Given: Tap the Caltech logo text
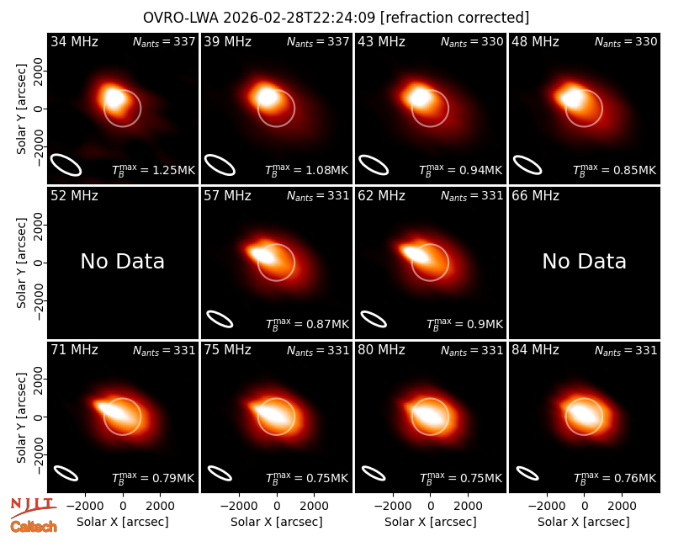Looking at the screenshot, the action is pyautogui.click(x=34, y=527).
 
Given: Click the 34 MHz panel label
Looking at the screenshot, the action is pyautogui.click(x=74, y=41).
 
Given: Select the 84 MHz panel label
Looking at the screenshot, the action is pyautogui.click(x=535, y=350).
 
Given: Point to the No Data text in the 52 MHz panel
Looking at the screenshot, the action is pyautogui.click(x=122, y=262).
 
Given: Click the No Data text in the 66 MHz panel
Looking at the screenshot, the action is pyautogui.click(x=584, y=262).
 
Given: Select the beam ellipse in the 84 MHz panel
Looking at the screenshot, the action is pyautogui.click(x=527, y=474).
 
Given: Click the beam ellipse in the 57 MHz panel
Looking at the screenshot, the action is pyautogui.click(x=220, y=319).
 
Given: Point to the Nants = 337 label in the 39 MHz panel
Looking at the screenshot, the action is pyautogui.click(x=318, y=42).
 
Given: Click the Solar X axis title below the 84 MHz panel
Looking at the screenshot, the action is pyautogui.click(x=584, y=522).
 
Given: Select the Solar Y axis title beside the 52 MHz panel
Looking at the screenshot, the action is pyautogui.click(x=21, y=263).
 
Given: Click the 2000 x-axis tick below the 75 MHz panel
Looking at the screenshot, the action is pyautogui.click(x=314, y=506).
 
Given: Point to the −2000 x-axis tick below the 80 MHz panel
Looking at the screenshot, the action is pyautogui.click(x=392, y=506).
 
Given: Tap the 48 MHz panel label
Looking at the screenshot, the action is pyautogui.click(x=535, y=41).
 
